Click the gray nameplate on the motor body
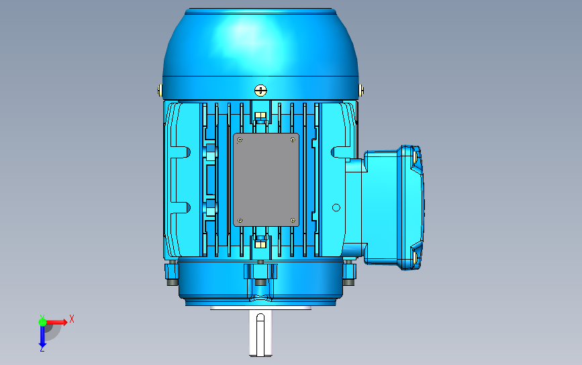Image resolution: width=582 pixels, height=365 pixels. click(x=266, y=180)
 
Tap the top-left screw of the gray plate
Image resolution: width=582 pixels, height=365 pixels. click(x=240, y=140)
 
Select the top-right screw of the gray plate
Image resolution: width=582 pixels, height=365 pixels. click(x=293, y=140)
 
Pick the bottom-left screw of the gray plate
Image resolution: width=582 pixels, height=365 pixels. click(x=240, y=221)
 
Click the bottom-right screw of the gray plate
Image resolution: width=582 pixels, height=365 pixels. click(x=293, y=221)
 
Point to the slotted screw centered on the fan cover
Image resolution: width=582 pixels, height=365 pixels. click(x=260, y=90)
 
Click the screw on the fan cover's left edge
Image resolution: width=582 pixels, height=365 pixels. click(x=160, y=90)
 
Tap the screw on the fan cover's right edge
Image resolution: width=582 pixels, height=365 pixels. click(x=360, y=90)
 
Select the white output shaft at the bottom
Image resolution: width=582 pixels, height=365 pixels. click(x=260, y=333)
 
